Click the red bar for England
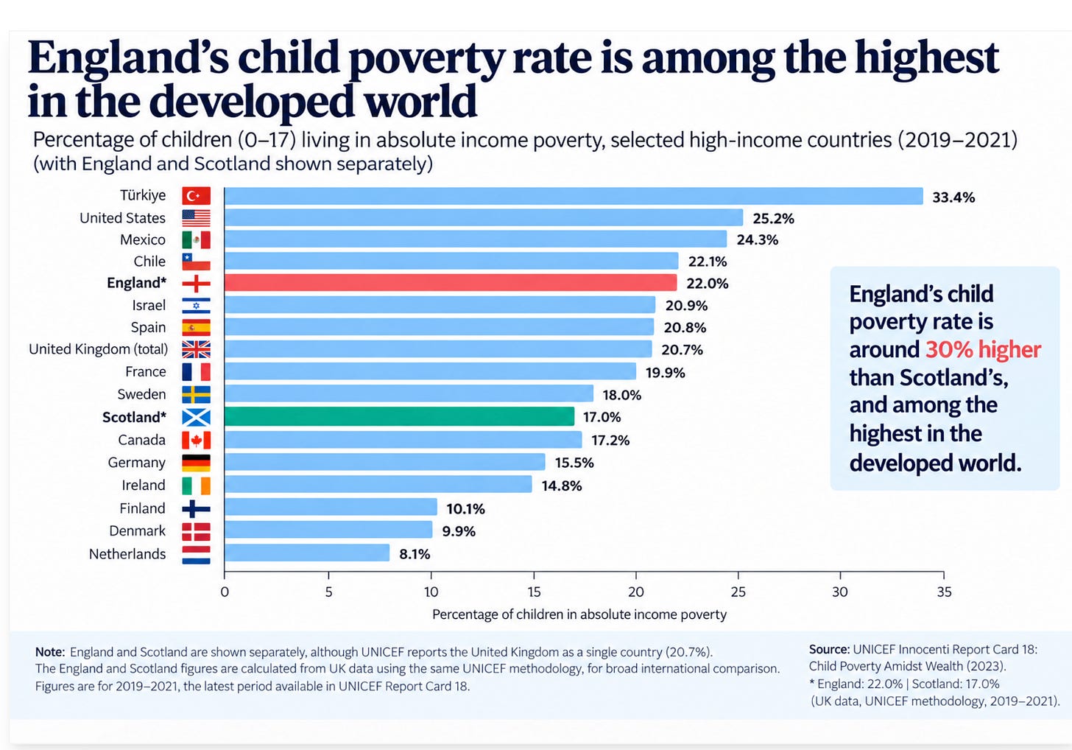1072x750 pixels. [x=451, y=283]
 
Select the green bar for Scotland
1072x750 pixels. [x=399, y=416]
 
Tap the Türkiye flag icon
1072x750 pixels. [x=196, y=195]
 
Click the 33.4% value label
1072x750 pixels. [x=953, y=197]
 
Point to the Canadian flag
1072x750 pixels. [x=196, y=440]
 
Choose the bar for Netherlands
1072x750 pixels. [x=307, y=553]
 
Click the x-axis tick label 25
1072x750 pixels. [x=738, y=592]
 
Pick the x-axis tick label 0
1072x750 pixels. [x=225, y=592]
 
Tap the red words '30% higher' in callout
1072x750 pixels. [x=983, y=349]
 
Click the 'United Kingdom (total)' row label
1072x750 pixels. [x=98, y=349]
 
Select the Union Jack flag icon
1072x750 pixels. [x=196, y=349]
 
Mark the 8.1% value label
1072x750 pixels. [x=415, y=554]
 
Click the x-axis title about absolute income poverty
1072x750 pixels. [x=579, y=614]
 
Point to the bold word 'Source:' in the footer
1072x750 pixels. [x=829, y=649]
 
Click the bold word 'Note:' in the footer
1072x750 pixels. [x=50, y=652]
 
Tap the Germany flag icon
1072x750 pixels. [x=196, y=463]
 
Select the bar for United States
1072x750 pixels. [x=484, y=217]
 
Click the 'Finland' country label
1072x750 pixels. [x=142, y=508]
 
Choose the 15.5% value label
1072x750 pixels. [x=574, y=463]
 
